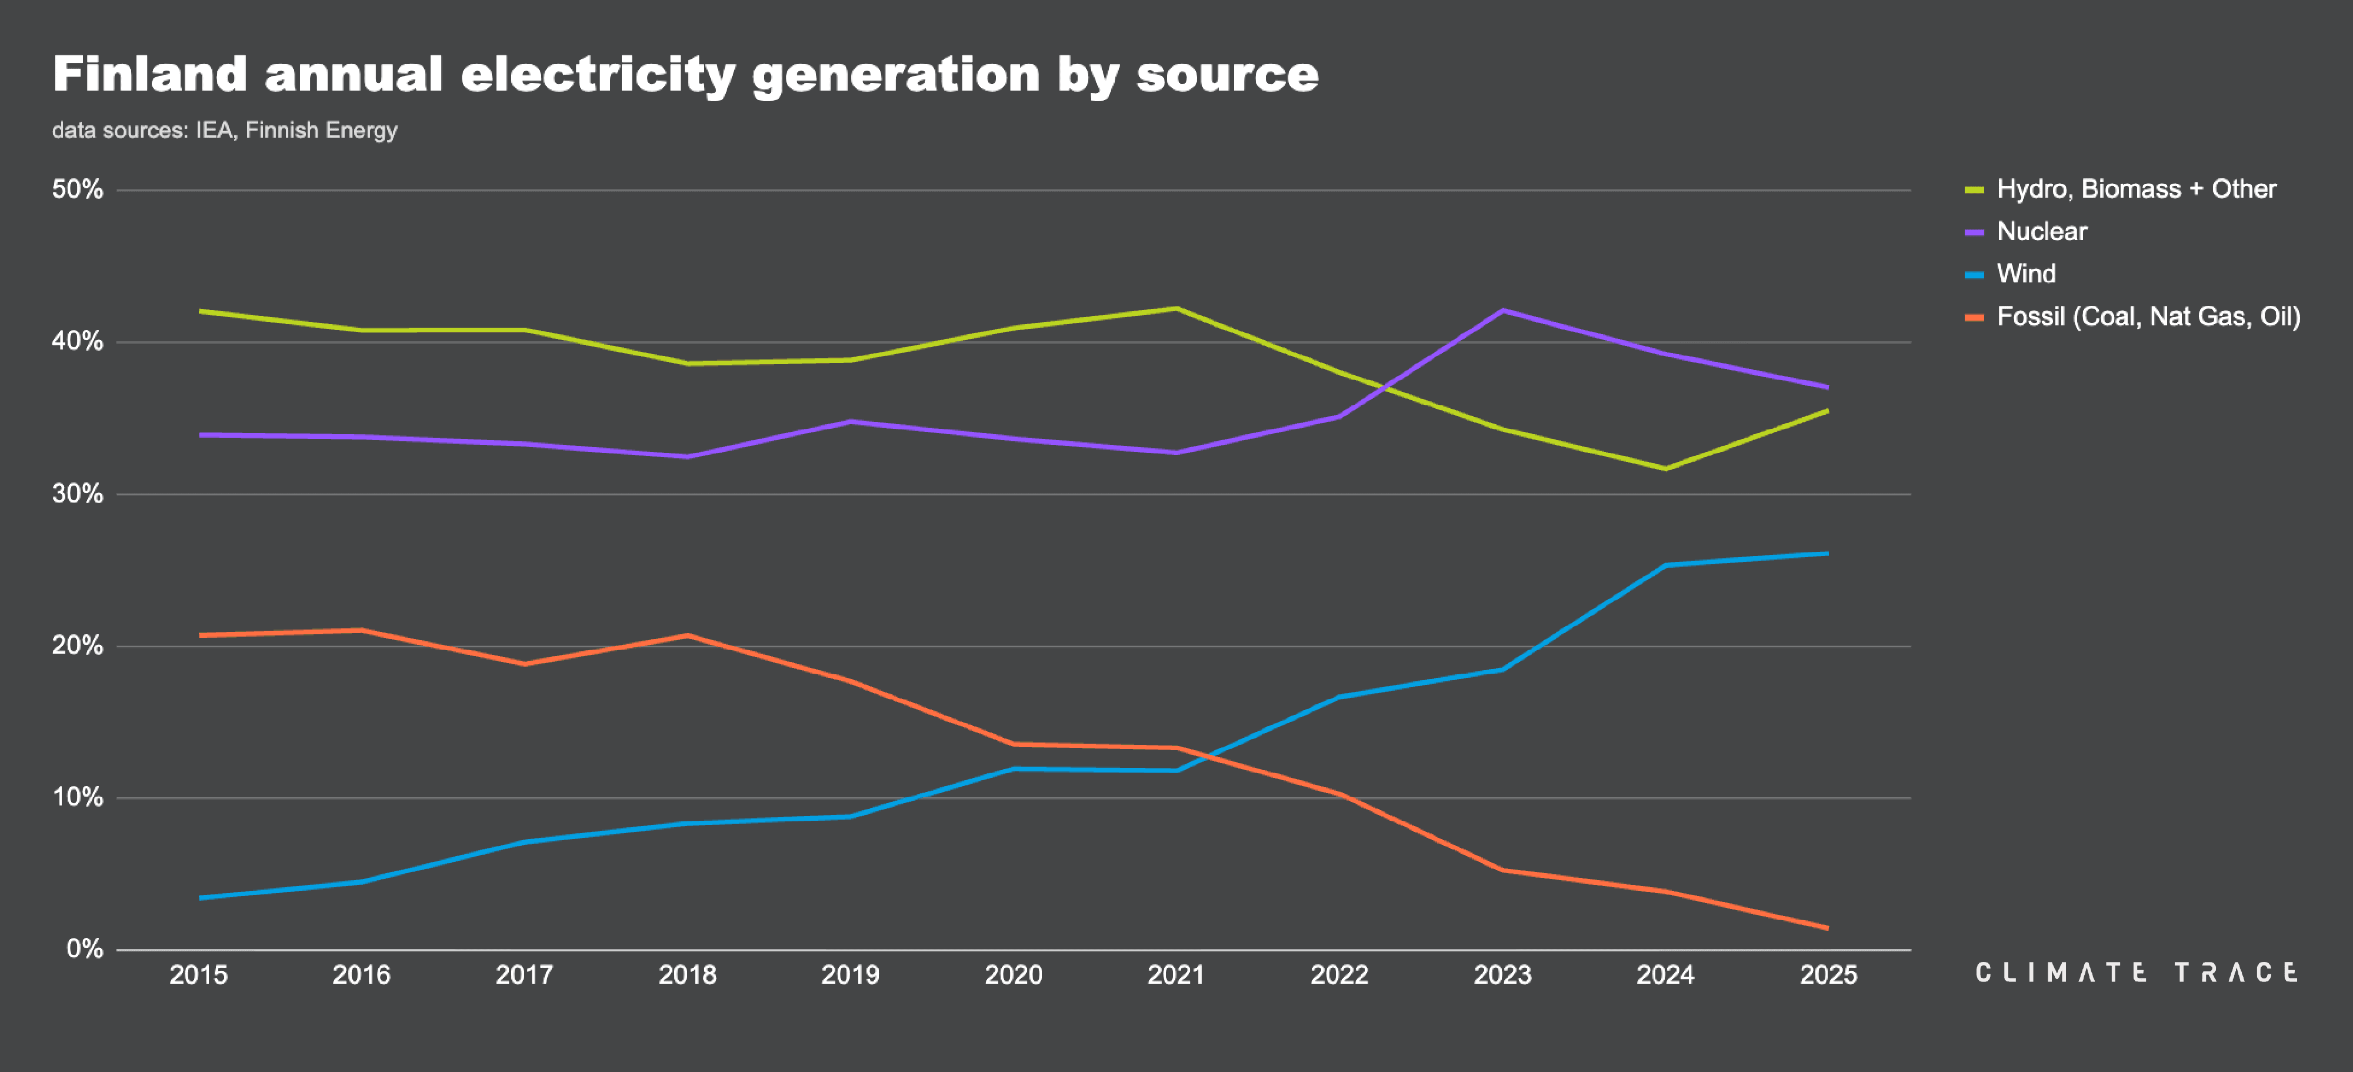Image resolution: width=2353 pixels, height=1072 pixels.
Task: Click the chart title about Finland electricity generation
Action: (685, 75)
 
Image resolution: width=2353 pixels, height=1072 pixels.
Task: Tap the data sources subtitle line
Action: (225, 130)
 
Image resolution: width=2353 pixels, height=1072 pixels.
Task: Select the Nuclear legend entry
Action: (2041, 231)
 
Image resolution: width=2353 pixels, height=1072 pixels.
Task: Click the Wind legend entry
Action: (2025, 273)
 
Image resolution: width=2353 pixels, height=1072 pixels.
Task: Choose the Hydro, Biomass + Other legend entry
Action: (2135, 189)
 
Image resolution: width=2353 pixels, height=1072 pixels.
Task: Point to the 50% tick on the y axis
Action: (78, 190)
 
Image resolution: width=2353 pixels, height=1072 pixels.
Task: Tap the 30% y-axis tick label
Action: (78, 494)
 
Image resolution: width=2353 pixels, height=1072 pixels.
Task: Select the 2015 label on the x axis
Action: (198, 975)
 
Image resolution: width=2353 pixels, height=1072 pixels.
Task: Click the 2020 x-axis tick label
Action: (1013, 975)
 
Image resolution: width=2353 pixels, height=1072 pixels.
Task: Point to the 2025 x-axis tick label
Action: (1828, 975)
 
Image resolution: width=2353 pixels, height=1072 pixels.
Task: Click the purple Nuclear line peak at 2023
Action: (1502, 311)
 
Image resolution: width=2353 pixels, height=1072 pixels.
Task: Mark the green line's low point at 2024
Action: (1665, 469)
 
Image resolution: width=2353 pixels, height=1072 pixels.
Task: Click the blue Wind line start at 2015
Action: (200, 897)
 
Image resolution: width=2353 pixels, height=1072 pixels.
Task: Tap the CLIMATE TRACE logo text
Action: (2135, 973)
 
